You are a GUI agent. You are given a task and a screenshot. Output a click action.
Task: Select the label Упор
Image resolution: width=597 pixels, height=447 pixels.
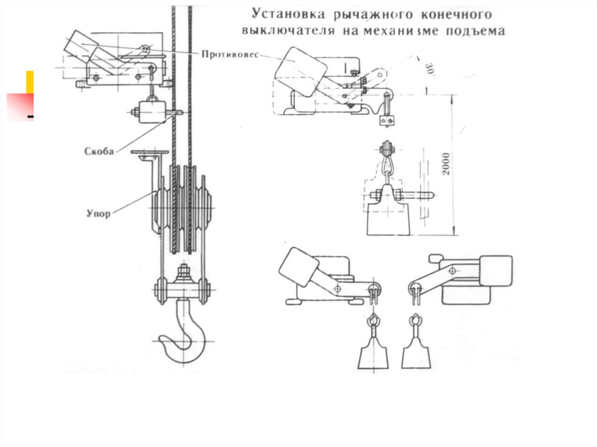pyautogui.click(x=99, y=213)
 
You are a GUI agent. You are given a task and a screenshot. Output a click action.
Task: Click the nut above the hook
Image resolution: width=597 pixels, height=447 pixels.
pyautogui.click(x=183, y=272)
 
